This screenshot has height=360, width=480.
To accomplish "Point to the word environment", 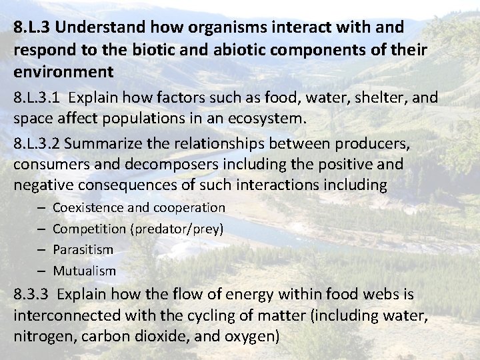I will (x=58, y=71).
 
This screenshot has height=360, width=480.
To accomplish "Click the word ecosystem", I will (x=267, y=120).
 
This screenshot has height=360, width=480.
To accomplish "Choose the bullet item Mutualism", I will (x=84, y=271).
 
